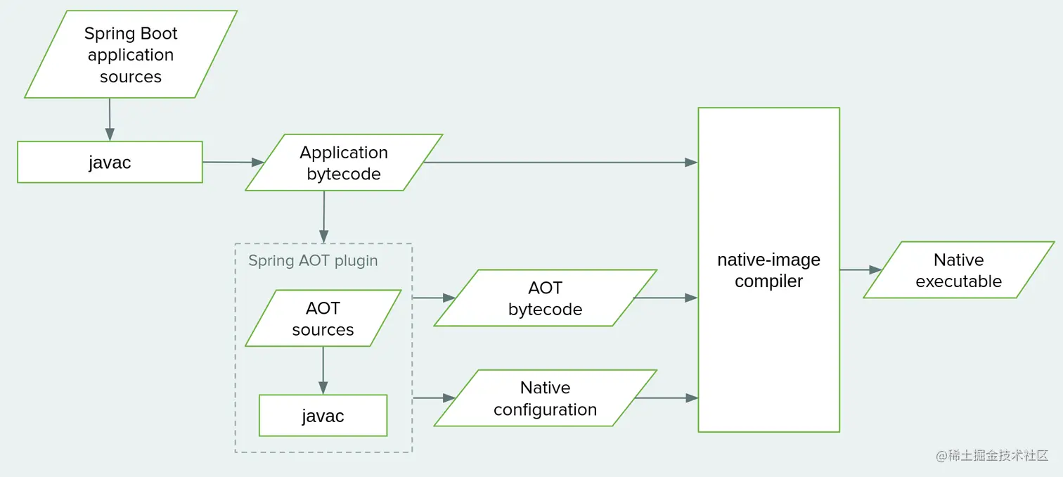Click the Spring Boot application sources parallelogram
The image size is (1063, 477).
click(x=131, y=55)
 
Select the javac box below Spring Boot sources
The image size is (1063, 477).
click(x=110, y=163)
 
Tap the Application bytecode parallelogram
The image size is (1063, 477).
click(x=343, y=163)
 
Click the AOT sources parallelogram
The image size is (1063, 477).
click(x=323, y=319)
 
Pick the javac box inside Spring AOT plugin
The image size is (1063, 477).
click(x=323, y=416)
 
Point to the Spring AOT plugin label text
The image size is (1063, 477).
click(x=313, y=261)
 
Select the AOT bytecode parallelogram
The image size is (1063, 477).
click(x=545, y=298)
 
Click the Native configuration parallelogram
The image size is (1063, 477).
click(x=545, y=398)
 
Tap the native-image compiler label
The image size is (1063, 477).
click(x=768, y=270)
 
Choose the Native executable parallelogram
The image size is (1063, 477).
click(x=958, y=270)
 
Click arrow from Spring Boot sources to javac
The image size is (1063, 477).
click(x=110, y=120)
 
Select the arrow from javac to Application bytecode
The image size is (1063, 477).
click(x=233, y=163)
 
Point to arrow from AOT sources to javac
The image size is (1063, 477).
click(x=323, y=370)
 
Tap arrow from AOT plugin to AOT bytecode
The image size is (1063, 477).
click(x=433, y=298)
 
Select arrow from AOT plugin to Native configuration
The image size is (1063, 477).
click(x=433, y=398)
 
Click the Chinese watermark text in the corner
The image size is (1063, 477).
click(x=992, y=455)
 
